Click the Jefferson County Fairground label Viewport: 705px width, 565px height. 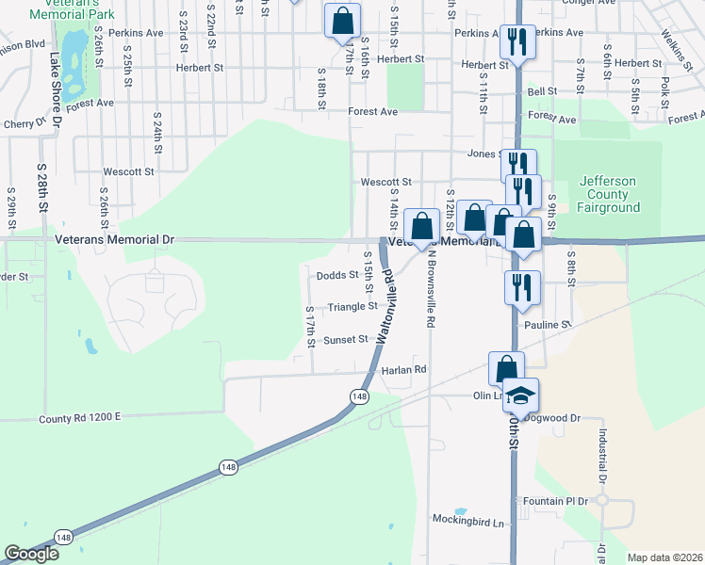(x=609, y=194)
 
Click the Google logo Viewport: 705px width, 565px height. (x=31, y=554)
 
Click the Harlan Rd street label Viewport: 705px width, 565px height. (x=404, y=370)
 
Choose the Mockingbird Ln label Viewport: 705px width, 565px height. (x=468, y=521)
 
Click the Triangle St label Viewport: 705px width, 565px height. (x=352, y=306)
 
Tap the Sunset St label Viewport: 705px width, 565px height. (x=345, y=340)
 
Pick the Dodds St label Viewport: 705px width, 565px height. (x=337, y=275)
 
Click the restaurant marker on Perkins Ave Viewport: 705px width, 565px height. (x=516, y=42)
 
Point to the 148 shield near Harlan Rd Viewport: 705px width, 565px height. (x=358, y=397)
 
